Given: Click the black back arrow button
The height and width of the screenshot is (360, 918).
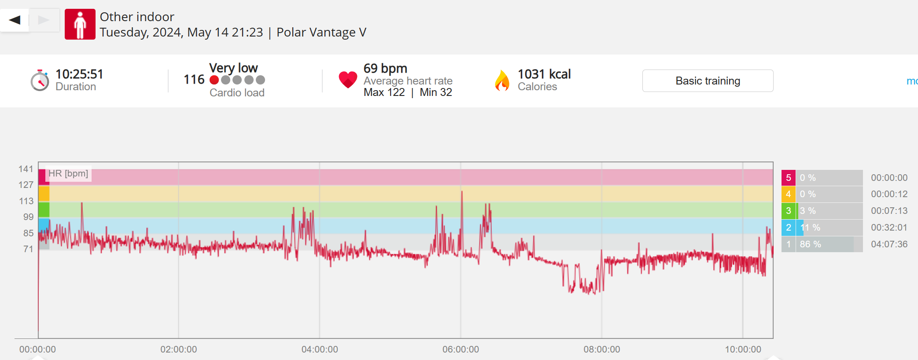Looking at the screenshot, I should click(x=15, y=20).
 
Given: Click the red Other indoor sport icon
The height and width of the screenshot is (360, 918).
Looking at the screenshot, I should click(x=80, y=24).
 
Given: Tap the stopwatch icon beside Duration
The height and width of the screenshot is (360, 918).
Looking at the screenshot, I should click(x=40, y=81).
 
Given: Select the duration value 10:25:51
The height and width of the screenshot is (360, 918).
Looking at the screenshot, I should click(x=79, y=74).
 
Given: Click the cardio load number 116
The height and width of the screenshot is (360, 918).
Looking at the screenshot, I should click(x=194, y=80).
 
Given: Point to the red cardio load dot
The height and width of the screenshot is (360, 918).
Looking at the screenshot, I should click(x=214, y=80).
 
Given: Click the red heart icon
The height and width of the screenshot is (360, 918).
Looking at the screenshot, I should click(x=348, y=80).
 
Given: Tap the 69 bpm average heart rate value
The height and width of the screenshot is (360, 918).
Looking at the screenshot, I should click(x=385, y=69).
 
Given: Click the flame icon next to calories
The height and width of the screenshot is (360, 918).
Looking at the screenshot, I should click(x=502, y=81).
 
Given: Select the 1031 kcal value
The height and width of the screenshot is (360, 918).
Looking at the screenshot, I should click(x=544, y=74).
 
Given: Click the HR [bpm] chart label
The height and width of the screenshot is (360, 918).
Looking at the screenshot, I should click(x=68, y=173).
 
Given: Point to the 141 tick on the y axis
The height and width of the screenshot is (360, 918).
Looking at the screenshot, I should click(x=26, y=169).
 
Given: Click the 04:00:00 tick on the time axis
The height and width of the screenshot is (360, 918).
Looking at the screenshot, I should click(x=320, y=349).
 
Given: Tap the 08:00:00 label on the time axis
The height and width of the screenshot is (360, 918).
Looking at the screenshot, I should click(x=601, y=349).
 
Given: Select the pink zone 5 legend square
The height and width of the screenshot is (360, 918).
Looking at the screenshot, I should click(x=788, y=178).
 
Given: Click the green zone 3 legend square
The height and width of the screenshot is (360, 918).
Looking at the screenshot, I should click(x=788, y=211).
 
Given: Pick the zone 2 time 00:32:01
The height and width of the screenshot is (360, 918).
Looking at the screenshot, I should click(x=889, y=228).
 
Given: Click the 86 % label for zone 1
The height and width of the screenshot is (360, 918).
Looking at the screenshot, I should click(x=810, y=244).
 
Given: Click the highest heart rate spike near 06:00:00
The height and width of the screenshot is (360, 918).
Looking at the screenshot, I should click(x=462, y=192).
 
